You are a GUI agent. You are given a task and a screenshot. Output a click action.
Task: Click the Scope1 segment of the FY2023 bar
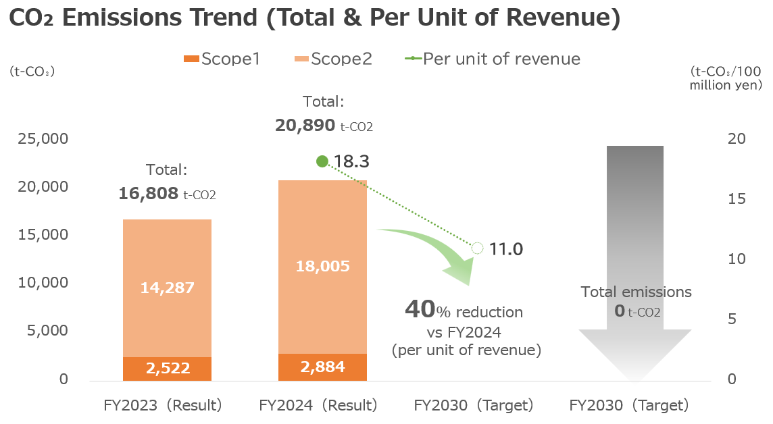click(x=167, y=369)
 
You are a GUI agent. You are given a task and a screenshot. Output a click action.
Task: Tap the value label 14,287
click(x=167, y=288)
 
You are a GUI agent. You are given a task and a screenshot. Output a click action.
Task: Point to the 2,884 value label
click(x=322, y=367)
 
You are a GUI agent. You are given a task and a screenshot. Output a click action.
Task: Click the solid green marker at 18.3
click(x=322, y=161)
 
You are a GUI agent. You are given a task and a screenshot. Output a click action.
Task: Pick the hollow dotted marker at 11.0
click(x=477, y=248)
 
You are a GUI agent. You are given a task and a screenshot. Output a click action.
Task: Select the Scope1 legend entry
click(x=222, y=59)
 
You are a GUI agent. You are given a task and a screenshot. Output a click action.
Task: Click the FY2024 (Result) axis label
click(x=318, y=406)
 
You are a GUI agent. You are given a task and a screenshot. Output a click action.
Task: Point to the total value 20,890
click(x=305, y=126)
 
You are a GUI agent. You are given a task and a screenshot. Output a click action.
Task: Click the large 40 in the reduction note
click(x=419, y=309)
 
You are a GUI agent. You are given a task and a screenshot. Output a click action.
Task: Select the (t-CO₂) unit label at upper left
click(x=32, y=72)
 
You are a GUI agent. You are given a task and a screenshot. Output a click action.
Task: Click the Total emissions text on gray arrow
click(x=637, y=292)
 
